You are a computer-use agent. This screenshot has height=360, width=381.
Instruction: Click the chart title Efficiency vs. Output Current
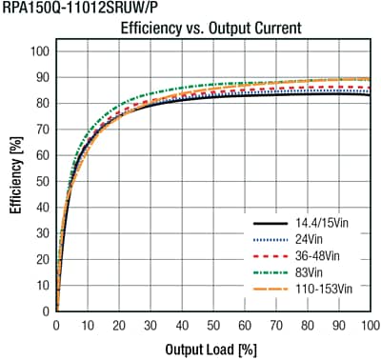[x=211, y=30]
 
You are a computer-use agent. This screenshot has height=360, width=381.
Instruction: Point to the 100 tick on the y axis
[x=38, y=50]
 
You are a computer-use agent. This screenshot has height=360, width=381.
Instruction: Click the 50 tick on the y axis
[x=41, y=181]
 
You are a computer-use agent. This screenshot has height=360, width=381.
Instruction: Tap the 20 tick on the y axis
[x=41, y=259]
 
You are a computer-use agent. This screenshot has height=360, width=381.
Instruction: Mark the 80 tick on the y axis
[x=41, y=103]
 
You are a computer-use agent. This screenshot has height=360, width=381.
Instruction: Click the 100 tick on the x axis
[x=370, y=325]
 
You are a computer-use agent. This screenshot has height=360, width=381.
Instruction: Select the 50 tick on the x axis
[x=213, y=325]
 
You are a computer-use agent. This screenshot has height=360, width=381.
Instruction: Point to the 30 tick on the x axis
[x=150, y=325]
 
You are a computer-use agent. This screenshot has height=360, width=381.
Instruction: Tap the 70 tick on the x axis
[x=276, y=325]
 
